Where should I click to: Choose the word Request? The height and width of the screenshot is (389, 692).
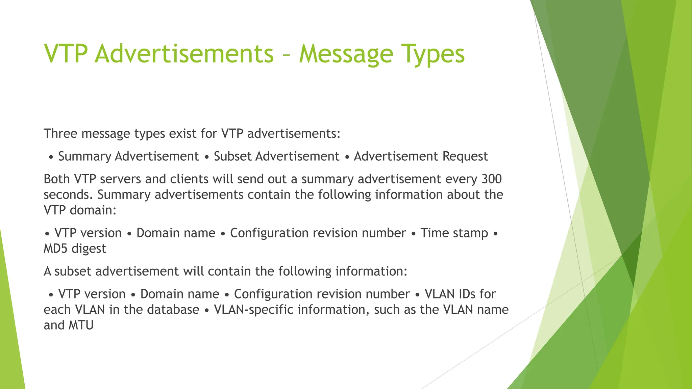[x=465, y=157]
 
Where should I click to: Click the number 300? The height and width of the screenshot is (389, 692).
[x=492, y=179]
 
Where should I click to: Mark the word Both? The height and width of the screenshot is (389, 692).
[x=57, y=179]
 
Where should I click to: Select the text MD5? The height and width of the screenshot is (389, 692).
[x=55, y=249]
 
